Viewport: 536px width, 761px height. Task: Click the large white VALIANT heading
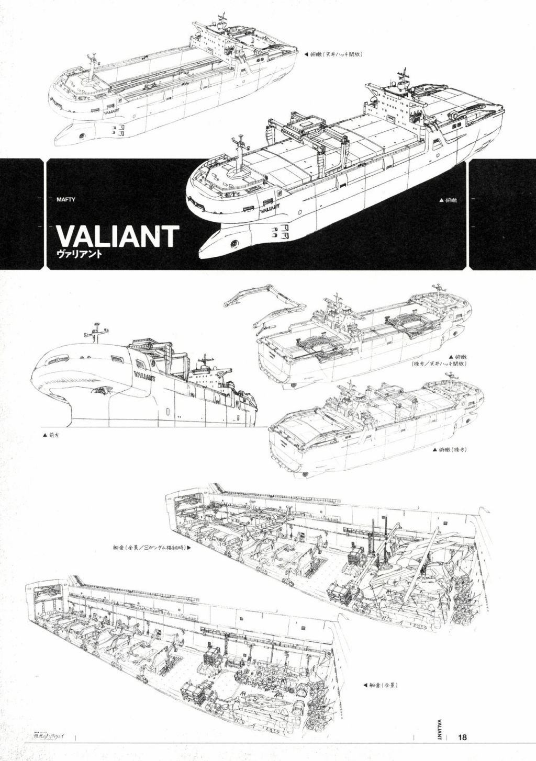pyautogui.click(x=117, y=237)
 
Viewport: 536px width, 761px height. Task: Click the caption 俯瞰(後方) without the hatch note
pyautogui.click(x=450, y=449)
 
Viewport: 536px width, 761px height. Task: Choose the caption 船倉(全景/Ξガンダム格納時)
pyautogui.click(x=146, y=549)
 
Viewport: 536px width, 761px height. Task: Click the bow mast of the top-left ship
pyautogui.click(x=94, y=66)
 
